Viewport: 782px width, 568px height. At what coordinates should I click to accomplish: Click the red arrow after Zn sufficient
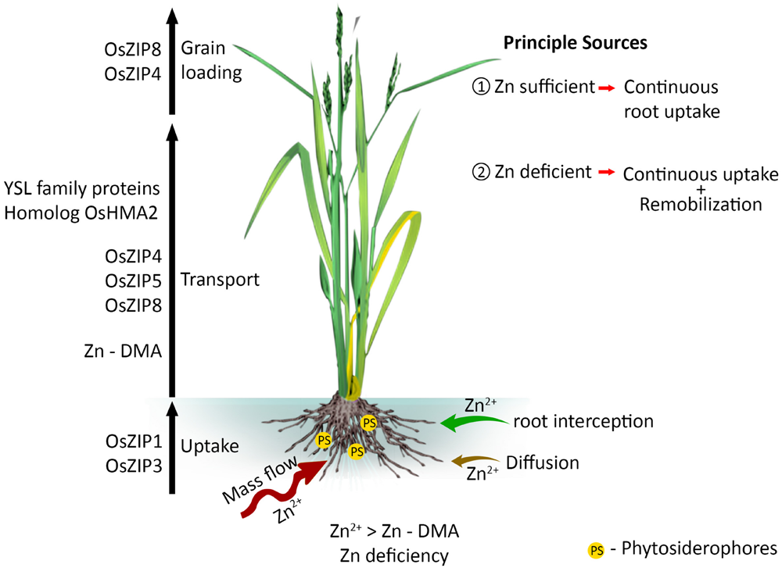pos(605,88)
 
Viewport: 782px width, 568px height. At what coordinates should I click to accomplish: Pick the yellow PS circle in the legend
pos(597,549)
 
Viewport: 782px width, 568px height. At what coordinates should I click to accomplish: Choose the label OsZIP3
pos(133,467)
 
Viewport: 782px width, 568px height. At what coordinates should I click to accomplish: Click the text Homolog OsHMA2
pos(83,211)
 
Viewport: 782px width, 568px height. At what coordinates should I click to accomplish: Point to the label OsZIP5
pos(133,280)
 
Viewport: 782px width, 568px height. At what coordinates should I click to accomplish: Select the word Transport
pos(220,280)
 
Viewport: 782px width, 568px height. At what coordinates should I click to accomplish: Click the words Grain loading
pos(210,60)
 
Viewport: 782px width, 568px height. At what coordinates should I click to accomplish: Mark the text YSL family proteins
pos(83,188)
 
